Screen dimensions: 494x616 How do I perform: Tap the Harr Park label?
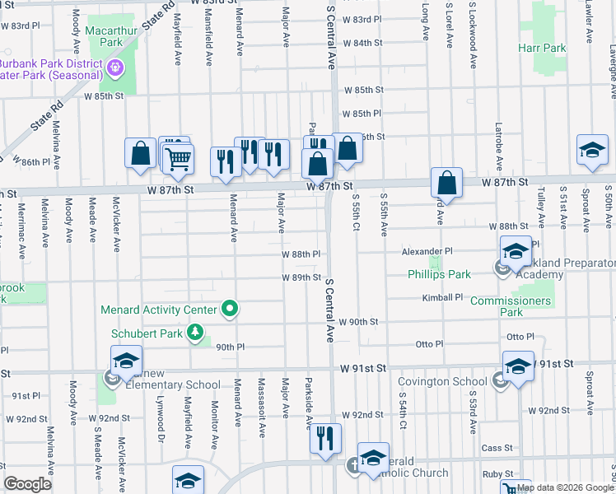point(542,48)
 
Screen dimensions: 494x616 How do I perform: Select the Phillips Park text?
point(439,274)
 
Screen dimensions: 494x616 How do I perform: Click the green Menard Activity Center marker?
point(230,310)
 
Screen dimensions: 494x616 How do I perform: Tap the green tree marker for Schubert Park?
point(195,333)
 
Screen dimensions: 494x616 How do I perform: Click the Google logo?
point(27,484)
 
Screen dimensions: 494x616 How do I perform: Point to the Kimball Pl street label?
point(442,297)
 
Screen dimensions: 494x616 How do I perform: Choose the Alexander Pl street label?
point(427,250)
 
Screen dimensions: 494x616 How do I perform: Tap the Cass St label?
point(497,448)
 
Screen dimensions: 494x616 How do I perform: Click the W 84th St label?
point(363,42)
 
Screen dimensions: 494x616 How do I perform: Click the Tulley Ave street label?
point(541,206)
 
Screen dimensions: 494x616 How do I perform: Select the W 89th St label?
point(301,277)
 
